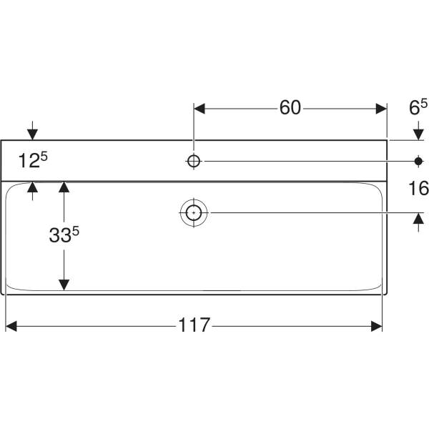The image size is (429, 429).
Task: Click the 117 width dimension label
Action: pyautogui.click(x=194, y=325)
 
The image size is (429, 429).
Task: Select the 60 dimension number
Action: pyautogui.click(x=290, y=108)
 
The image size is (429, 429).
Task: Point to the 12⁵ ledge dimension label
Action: pyautogui.click(x=32, y=160)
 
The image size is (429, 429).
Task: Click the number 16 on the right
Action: pyautogui.click(x=418, y=189)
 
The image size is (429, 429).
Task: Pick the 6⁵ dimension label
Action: pyautogui.click(x=418, y=108)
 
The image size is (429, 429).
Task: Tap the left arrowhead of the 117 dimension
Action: pyautogui.click(x=11, y=326)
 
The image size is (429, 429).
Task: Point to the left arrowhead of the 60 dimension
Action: pyautogui.click(x=200, y=109)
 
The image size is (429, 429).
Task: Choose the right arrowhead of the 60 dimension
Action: pyautogui.click(x=380, y=109)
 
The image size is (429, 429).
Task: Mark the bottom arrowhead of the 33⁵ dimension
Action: pyautogui.click(x=64, y=284)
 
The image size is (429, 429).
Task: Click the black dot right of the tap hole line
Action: pyautogui.click(x=418, y=160)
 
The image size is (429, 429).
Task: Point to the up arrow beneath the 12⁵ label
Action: pyautogui.click(x=32, y=187)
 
